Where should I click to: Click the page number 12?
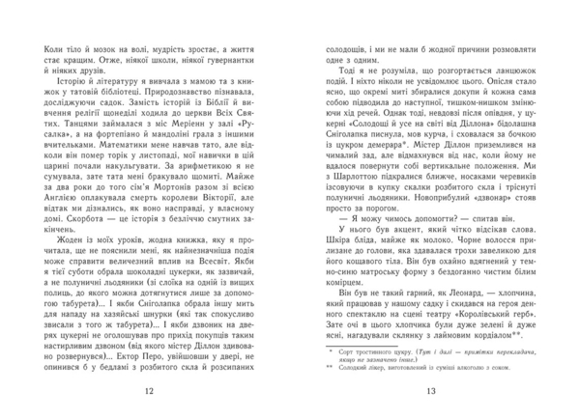tap(148, 390)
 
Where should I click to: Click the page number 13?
tap(431, 390)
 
